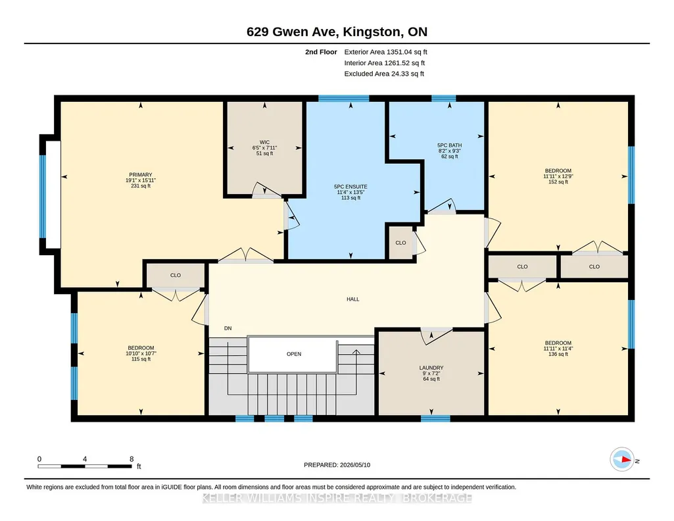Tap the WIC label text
point(264,142)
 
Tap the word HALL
point(353,299)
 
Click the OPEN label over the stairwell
point(294,354)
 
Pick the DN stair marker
point(228,328)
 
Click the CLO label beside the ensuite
point(400,243)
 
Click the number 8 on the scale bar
point(132,459)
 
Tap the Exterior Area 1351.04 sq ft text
point(385,52)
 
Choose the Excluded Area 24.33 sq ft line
point(384,74)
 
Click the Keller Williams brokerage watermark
point(337,498)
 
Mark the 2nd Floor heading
point(321,52)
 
